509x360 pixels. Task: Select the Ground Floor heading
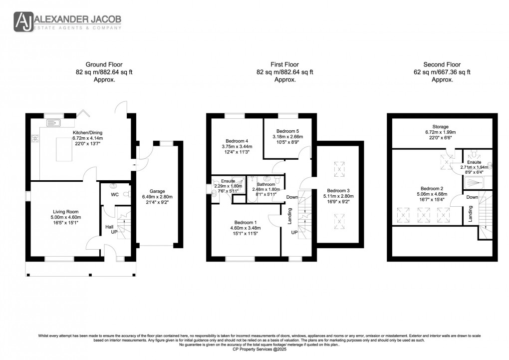click(104, 64)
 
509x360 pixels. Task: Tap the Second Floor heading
click(442, 64)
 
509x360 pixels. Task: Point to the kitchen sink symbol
click(53, 123)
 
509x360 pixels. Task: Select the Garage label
click(157, 191)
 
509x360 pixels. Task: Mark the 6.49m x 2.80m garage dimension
click(157, 197)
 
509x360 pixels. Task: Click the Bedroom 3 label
click(338, 190)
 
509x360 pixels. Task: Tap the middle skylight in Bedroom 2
click(423, 216)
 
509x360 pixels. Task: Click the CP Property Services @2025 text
click(254, 350)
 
